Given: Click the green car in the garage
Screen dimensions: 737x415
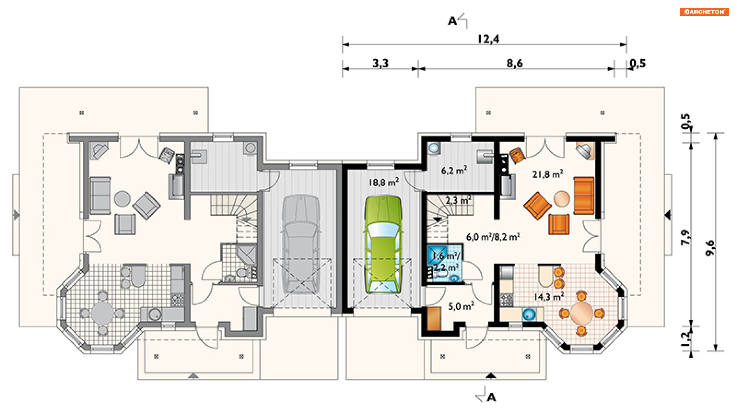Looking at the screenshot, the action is [x=383, y=245].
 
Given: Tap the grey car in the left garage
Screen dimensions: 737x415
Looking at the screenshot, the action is [x=301, y=245].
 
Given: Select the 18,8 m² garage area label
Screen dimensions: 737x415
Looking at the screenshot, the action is [x=383, y=182].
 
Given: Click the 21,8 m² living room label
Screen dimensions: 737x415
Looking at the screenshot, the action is [x=547, y=174].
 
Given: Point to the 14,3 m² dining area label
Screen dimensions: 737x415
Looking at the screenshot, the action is [x=549, y=297].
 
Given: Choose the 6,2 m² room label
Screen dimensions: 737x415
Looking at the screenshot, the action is [x=454, y=170].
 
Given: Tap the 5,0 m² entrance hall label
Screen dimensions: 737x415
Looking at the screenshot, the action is [x=461, y=306].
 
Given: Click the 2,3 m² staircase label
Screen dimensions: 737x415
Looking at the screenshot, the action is [x=458, y=200].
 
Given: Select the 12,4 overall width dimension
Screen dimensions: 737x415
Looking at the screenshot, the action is [x=488, y=39].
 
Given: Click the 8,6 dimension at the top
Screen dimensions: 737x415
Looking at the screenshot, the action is [x=514, y=63].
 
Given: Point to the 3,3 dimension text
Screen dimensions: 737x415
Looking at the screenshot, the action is [x=380, y=63].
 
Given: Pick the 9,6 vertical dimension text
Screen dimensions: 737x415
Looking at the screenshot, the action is [x=710, y=248].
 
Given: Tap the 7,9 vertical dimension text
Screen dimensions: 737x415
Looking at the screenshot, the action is [x=685, y=237].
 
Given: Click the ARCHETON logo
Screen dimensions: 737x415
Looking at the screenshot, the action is [x=704, y=12].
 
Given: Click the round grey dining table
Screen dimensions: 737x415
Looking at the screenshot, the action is [x=102, y=313].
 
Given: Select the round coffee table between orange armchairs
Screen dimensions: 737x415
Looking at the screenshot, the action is [x=562, y=199].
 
